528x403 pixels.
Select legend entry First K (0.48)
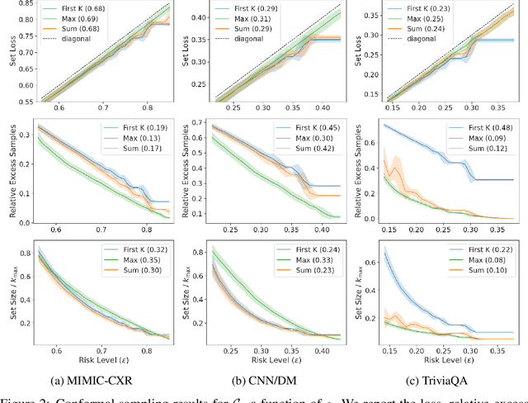(x=485, y=128)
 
